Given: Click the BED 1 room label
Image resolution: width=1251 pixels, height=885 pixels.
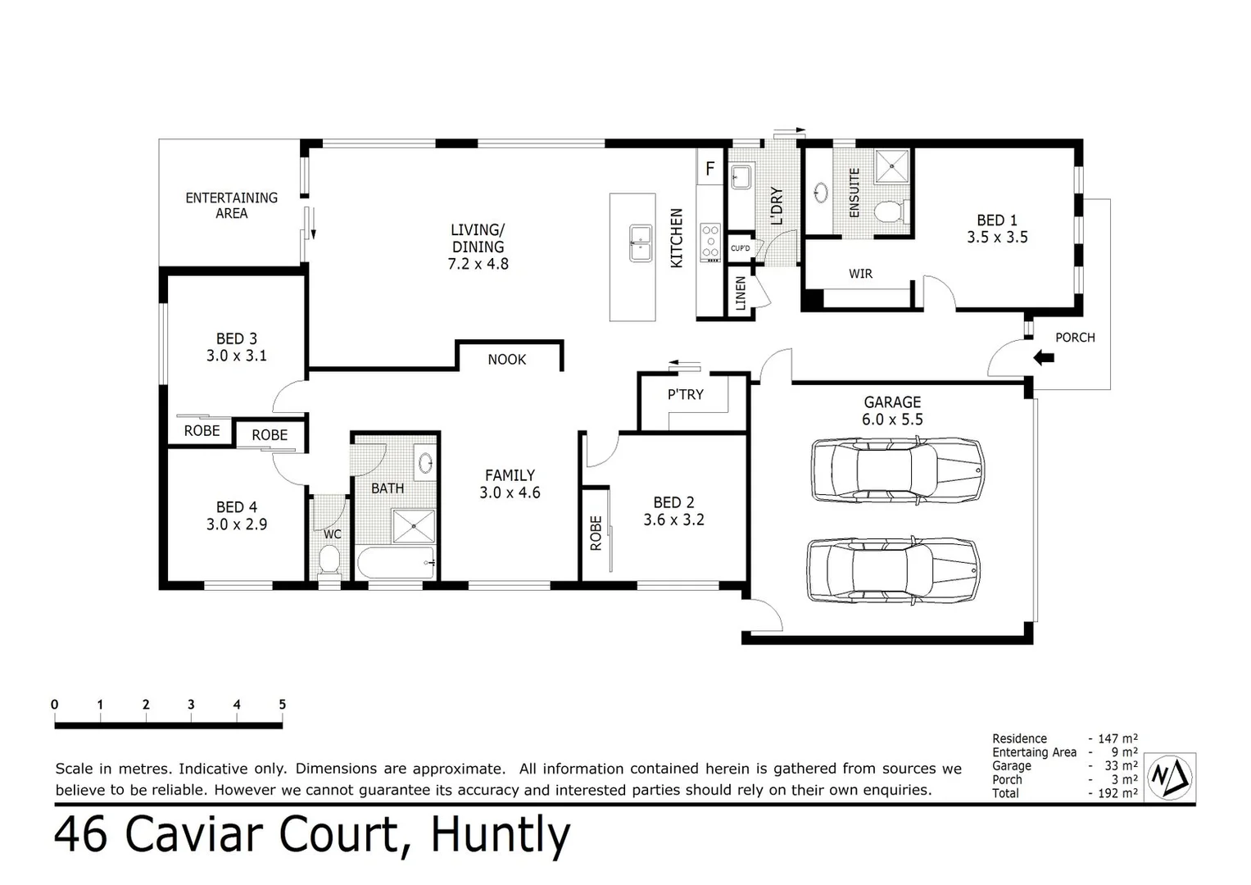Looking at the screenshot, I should (x=996, y=229).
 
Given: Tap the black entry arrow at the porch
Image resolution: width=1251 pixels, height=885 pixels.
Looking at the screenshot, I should (x=1043, y=357).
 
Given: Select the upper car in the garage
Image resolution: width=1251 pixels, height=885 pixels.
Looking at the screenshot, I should (x=896, y=469).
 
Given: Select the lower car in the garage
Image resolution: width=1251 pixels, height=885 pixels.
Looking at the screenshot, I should (x=893, y=570).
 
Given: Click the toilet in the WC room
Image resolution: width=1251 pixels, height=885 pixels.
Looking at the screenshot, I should (x=329, y=562).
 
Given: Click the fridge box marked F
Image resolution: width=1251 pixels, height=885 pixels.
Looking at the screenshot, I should (x=709, y=169).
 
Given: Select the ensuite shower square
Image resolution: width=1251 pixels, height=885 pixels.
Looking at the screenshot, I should (x=891, y=166).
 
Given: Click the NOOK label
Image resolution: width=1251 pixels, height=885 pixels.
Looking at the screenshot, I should (x=506, y=360).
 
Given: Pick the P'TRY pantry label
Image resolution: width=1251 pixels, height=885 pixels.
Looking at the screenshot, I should (x=685, y=395).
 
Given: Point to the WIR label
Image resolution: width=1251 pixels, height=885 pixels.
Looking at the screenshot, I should (x=860, y=274).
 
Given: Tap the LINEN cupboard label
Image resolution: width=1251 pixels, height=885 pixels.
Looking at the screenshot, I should (x=741, y=293).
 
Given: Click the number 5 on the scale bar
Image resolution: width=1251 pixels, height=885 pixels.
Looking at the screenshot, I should (x=282, y=705).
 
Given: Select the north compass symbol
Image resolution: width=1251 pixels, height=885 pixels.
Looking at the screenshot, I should (x=1170, y=775).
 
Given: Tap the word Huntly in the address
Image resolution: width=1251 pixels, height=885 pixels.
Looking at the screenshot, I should (x=500, y=835).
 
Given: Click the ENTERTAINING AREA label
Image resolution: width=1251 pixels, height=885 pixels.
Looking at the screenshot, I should (x=231, y=205).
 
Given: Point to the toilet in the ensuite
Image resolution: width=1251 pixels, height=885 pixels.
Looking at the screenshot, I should (x=888, y=212).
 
